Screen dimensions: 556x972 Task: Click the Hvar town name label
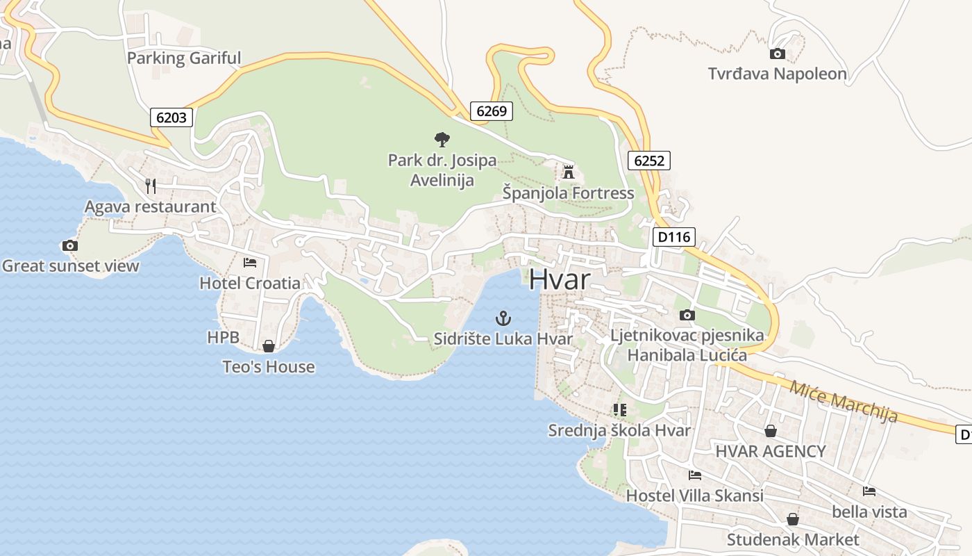pos(560,279)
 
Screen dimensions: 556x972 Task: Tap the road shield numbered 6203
pos(171,117)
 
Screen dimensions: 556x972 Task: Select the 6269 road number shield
pos(492,111)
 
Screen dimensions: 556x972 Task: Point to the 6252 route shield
pos(649,161)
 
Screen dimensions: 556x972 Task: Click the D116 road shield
pos(673,237)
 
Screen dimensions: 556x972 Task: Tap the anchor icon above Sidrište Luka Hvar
pos(503,319)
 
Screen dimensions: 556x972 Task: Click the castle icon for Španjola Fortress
pos(569,172)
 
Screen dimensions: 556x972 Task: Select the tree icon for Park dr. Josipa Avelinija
pos(442,140)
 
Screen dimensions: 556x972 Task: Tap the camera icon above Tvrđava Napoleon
pos(778,54)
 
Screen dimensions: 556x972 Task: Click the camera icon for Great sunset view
pos(69,245)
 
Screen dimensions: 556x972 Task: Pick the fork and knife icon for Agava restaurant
pos(151,186)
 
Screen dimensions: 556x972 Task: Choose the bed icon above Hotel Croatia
pos(250,263)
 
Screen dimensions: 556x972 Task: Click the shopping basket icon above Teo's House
pos(269,346)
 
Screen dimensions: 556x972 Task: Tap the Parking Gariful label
pos(184,58)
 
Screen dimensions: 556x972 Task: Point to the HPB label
pos(223,338)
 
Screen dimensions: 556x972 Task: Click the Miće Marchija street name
pos(843,402)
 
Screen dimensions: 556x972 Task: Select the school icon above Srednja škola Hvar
pos(620,410)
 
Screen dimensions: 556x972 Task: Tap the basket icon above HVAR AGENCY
pos(771,431)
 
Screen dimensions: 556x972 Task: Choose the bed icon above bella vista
pos(869,491)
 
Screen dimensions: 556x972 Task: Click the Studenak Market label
pos(793,539)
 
